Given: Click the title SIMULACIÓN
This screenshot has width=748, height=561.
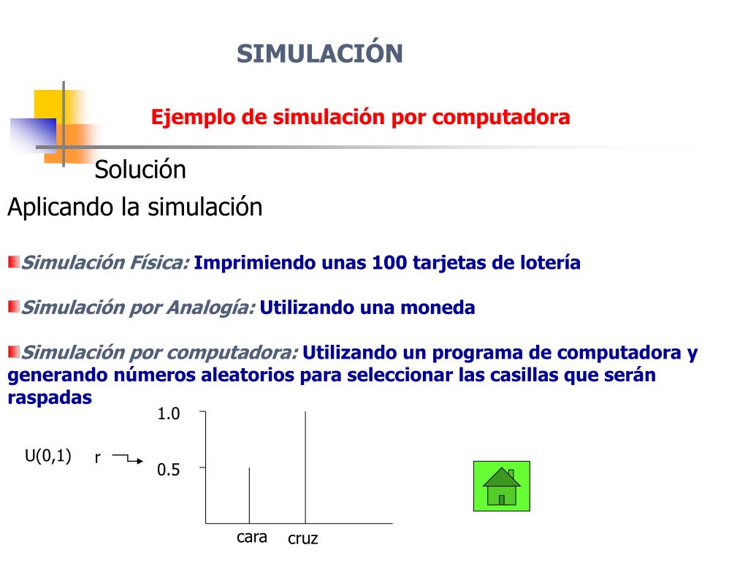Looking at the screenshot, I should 319,53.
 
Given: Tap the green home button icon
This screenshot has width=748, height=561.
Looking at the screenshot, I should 501,486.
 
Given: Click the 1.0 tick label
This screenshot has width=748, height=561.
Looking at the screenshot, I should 169,414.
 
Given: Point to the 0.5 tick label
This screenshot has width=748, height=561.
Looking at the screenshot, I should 169,470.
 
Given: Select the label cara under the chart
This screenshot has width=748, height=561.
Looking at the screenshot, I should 252,538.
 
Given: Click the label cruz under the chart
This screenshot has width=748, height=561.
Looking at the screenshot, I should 303,540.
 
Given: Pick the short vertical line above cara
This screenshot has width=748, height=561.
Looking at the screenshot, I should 250,495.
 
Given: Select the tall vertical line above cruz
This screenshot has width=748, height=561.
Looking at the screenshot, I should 305,467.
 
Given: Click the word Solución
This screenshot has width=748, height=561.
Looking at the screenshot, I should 140,170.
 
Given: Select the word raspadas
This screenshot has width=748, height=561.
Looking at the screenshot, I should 50,397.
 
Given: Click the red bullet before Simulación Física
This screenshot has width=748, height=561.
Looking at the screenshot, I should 14,262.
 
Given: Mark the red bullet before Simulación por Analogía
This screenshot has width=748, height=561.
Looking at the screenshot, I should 14,306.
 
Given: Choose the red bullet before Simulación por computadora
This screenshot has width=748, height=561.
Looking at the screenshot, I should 14,352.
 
